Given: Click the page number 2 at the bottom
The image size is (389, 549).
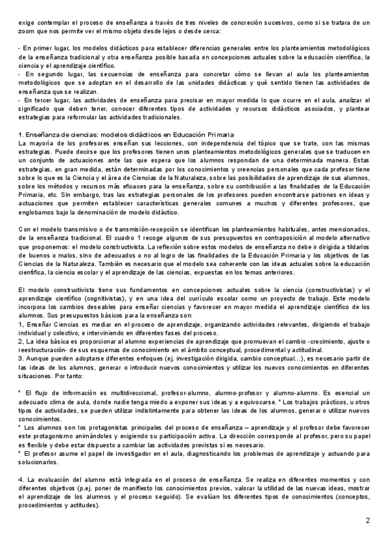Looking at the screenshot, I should click(368, 521).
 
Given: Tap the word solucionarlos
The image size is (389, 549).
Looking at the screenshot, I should click(38, 462).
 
